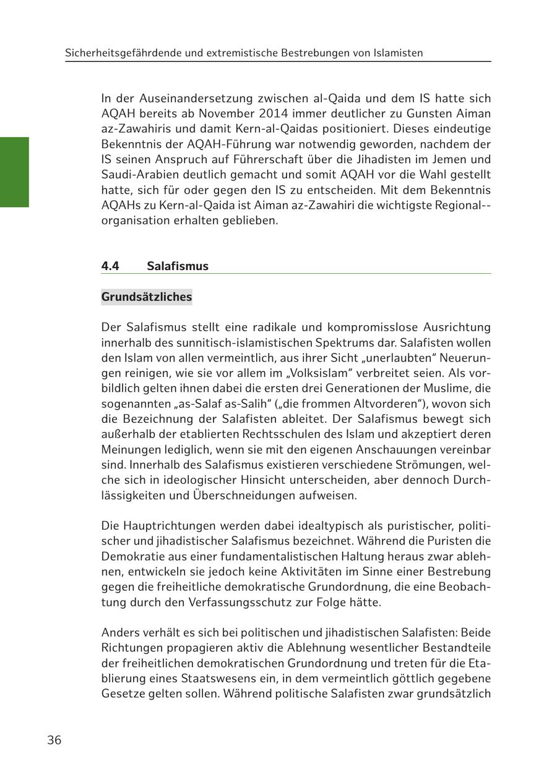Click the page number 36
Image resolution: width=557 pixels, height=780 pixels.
[54, 740]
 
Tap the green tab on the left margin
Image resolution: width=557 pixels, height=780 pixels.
[14, 172]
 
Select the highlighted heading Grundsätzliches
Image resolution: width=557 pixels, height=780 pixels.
[147, 297]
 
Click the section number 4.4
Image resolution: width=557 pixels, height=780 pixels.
[110, 266]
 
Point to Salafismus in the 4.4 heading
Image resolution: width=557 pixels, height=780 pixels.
[178, 266]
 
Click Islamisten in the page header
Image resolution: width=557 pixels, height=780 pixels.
[398, 53]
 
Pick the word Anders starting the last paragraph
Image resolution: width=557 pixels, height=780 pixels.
[119, 632]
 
